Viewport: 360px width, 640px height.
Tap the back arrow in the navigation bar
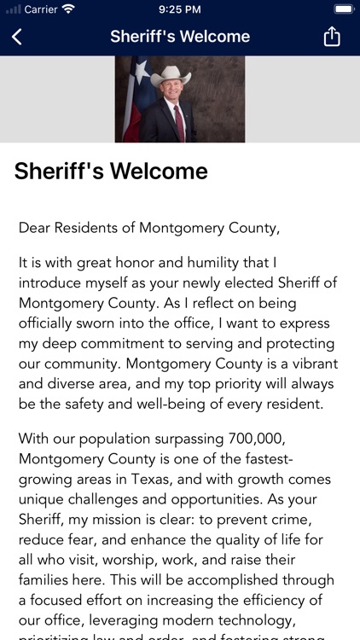tap(17, 37)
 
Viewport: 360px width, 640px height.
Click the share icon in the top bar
tap(332, 37)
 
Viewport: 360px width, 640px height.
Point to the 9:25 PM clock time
tap(180, 9)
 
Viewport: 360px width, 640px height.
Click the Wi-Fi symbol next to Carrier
tap(68, 9)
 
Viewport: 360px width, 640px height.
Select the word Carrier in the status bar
tap(40, 9)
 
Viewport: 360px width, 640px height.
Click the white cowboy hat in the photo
tap(171, 75)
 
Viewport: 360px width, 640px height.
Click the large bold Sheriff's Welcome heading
tap(111, 171)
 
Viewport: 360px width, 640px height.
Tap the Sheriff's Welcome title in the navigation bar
tap(180, 37)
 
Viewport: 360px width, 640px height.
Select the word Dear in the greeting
tap(34, 228)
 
